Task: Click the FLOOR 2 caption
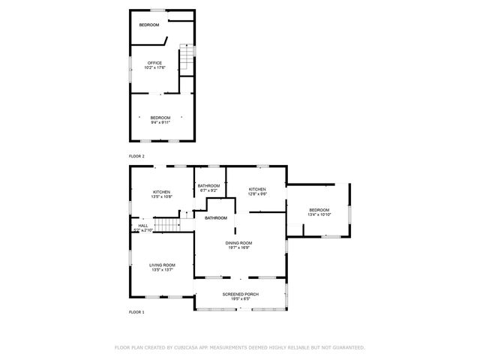click(x=136, y=156)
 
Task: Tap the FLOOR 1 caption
click(x=136, y=311)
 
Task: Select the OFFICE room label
click(x=154, y=62)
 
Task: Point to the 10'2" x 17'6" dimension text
click(x=154, y=67)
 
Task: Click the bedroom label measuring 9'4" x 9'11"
click(x=160, y=118)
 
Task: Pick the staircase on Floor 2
click(x=185, y=58)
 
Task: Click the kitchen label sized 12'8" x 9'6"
click(x=258, y=190)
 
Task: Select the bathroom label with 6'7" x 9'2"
click(x=208, y=185)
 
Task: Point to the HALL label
click(x=142, y=225)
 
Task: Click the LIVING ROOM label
click(x=162, y=265)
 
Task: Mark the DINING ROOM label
click(x=239, y=243)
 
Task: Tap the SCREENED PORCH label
click(x=241, y=294)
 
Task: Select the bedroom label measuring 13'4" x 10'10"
click(x=319, y=210)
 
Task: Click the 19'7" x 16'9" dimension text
click(x=239, y=248)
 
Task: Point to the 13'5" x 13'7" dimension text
click(x=162, y=270)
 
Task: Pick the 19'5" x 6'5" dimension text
click(x=241, y=299)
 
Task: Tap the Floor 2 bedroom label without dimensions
click(x=149, y=25)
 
